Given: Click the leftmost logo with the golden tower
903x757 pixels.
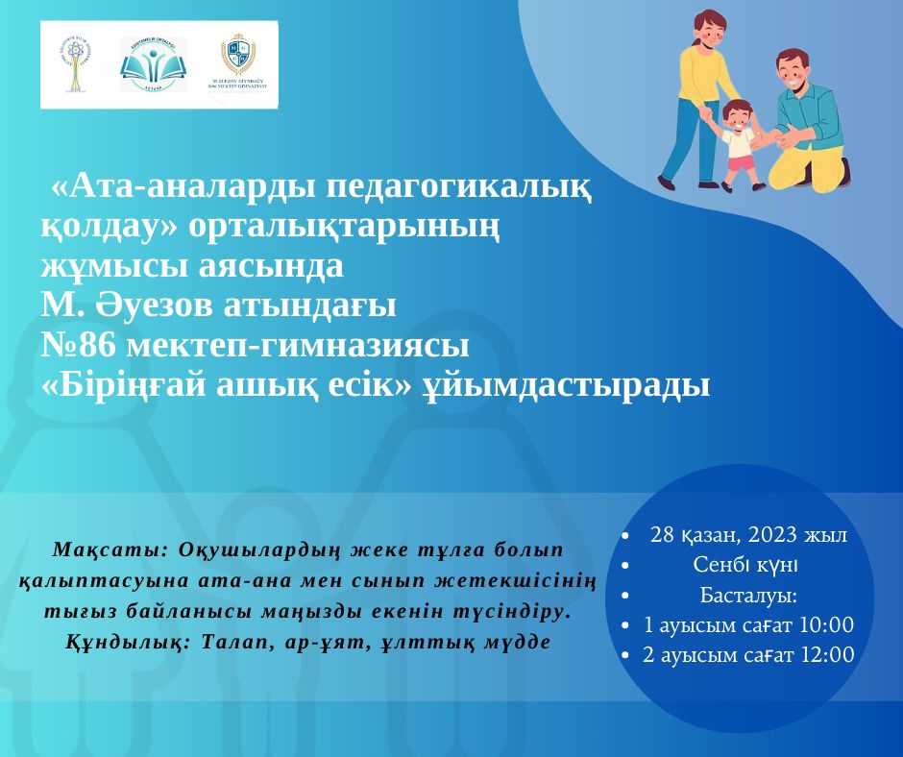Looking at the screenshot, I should [x=75, y=64].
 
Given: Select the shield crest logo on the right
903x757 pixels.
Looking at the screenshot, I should [x=234, y=62].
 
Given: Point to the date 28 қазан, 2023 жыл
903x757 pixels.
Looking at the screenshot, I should [x=748, y=535].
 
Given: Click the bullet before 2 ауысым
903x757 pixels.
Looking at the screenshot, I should [x=626, y=656].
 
